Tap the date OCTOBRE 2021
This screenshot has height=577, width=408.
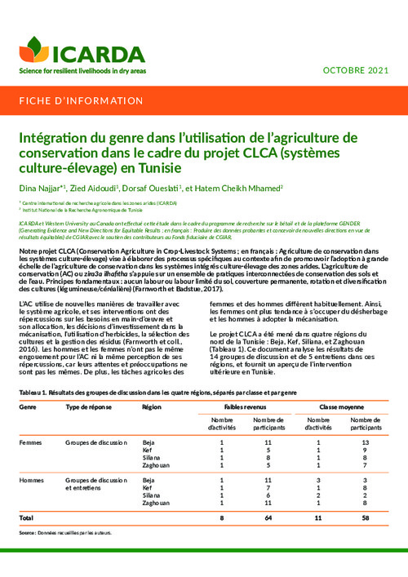pyautogui.click(x=357, y=70)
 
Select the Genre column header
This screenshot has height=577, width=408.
pyautogui.click(x=27, y=406)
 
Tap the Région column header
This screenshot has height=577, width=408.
pyautogui.click(x=152, y=406)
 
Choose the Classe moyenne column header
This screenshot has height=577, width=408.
pyautogui.click(x=340, y=406)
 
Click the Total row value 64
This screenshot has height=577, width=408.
pyautogui.click(x=268, y=518)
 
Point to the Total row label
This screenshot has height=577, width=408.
pyautogui.click(x=26, y=518)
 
